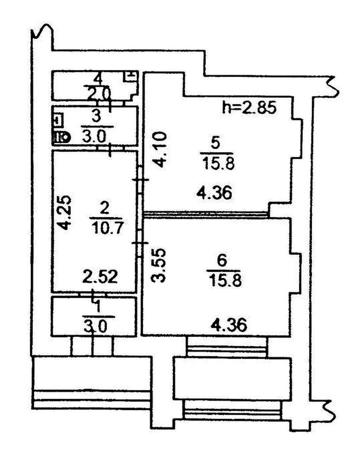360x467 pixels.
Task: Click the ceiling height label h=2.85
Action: click(x=249, y=107)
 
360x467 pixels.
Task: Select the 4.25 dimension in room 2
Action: click(x=65, y=213)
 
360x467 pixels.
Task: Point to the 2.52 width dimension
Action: click(x=100, y=277)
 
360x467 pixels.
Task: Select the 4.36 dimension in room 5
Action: click(x=214, y=193)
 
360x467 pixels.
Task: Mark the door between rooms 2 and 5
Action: click(x=140, y=180)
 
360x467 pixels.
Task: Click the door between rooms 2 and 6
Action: click(x=140, y=243)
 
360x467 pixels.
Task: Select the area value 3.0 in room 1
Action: click(x=95, y=327)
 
